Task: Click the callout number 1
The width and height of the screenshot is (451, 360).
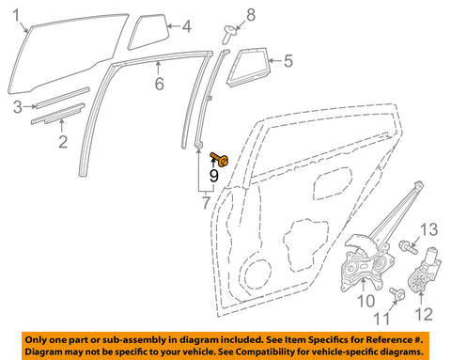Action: point(16,15)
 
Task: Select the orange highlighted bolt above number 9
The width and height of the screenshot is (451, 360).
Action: point(219,159)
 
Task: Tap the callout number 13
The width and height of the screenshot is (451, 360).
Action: point(428,229)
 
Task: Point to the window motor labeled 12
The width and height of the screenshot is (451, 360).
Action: point(424,271)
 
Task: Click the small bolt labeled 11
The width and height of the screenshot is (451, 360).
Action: point(397,293)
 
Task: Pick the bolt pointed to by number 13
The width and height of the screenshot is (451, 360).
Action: point(408,246)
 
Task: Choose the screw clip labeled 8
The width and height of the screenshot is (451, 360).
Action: point(229,34)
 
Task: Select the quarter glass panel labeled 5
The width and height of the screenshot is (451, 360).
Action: point(247,67)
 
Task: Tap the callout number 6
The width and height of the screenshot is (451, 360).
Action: point(160,84)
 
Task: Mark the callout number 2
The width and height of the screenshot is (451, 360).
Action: point(63,142)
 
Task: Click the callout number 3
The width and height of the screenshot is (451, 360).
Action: point(18,107)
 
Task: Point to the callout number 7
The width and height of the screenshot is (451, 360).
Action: point(206,202)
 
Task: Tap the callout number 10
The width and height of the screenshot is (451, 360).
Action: point(365,301)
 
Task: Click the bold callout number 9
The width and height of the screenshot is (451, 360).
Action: point(214,176)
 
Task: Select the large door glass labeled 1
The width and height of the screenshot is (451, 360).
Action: point(68,54)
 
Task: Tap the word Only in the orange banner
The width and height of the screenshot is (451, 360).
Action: point(35,340)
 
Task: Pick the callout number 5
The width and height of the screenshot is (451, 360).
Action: point(288,61)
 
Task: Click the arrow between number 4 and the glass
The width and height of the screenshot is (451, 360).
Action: point(174,26)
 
